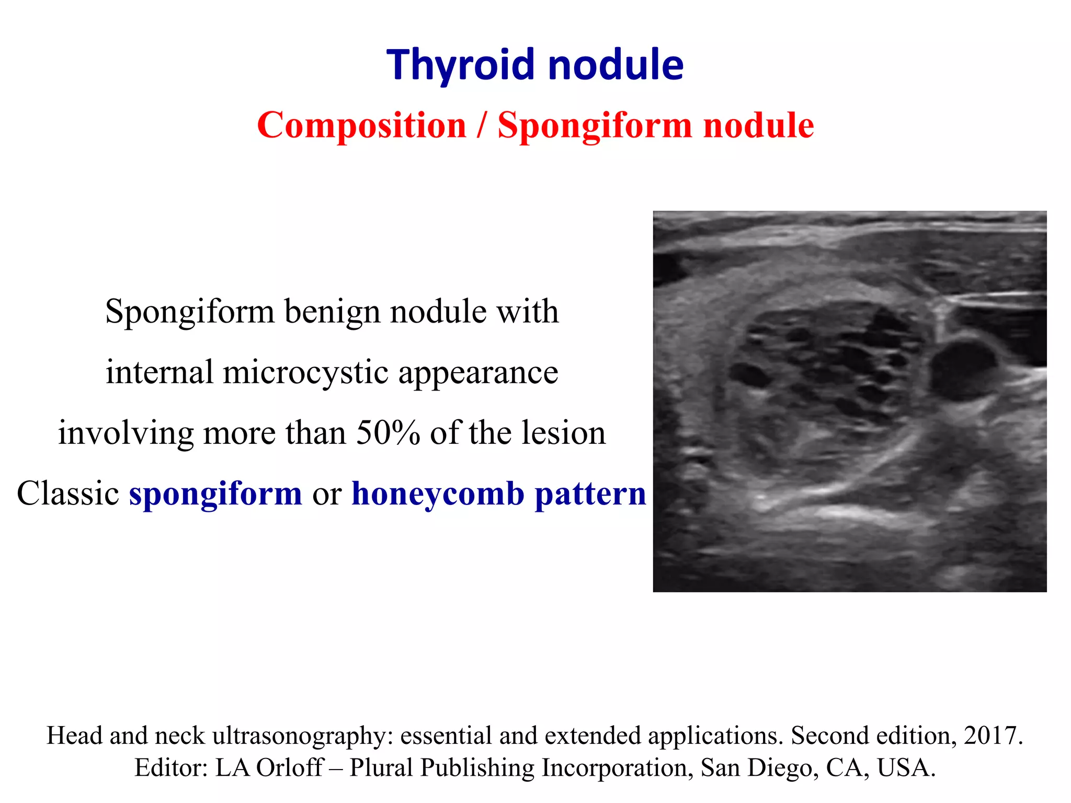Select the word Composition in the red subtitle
click(x=361, y=126)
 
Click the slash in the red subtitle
click(x=482, y=125)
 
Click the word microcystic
click(x=305, y=372)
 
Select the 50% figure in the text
click(x=388, y=433)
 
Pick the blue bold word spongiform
click(x=215, y=495)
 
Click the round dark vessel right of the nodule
click(x=963, y=368)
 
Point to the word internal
click(x=159, y=372)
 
